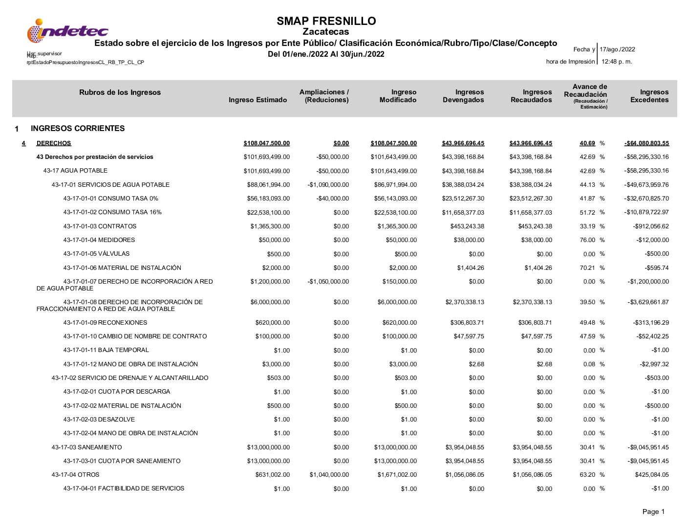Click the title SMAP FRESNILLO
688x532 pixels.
(326, 21)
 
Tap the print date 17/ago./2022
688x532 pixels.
(617, 49)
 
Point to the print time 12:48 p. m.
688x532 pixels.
(617, 62)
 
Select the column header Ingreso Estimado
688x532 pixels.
(258, 100)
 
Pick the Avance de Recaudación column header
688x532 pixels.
(589, 90)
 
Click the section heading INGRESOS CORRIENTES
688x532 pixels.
(78, 129)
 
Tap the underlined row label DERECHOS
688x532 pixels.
(54, 143)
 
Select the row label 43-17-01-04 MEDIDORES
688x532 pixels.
(99, 240)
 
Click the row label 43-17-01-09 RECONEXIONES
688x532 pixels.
(105, 323)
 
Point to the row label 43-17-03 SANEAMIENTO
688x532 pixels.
(86, 447)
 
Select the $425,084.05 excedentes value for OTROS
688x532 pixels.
(652, 475)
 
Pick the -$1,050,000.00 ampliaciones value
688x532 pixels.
(328, 282)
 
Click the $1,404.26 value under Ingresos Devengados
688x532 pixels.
(471, 268)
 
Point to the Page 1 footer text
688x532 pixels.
(653, 512)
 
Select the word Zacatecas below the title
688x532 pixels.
(326, 32)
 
